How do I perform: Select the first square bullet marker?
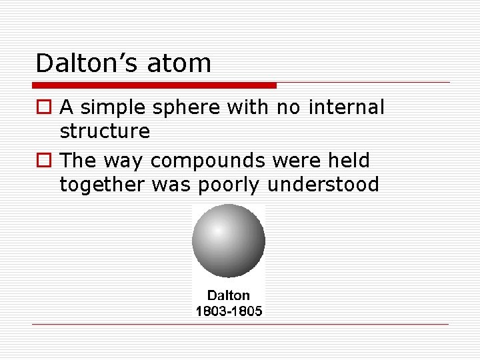43,107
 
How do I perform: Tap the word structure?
105,131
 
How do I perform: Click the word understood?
323,185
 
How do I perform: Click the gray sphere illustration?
229,241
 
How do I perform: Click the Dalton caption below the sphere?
229,295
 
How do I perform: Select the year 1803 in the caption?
210,311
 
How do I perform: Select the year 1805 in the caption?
247,311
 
